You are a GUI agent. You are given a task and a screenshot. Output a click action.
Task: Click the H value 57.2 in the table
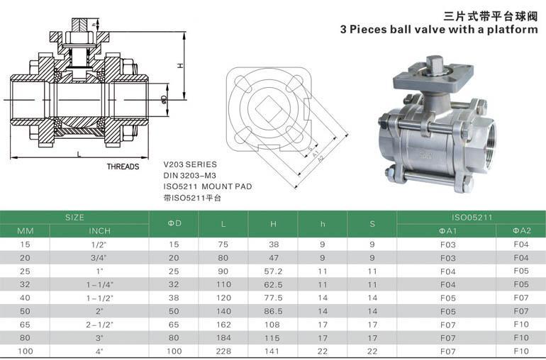click(273, 271)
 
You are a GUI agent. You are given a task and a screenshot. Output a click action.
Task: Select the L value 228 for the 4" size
click(223, 351)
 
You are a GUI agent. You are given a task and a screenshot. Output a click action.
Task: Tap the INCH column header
click(99, 231)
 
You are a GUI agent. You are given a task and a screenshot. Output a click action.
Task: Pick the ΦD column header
click(174, 223)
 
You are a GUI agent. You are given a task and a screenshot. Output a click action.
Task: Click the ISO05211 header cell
click(472, 218)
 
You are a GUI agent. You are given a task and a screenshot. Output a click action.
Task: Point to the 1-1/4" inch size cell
click(100, 285)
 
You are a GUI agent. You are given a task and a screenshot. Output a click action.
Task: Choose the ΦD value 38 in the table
click(174, 298)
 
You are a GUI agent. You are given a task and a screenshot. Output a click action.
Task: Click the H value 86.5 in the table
click(273, 311)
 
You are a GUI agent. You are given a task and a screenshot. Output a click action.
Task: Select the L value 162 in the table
click(223, 325)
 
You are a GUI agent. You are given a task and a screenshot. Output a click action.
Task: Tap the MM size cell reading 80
click(25, 338)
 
